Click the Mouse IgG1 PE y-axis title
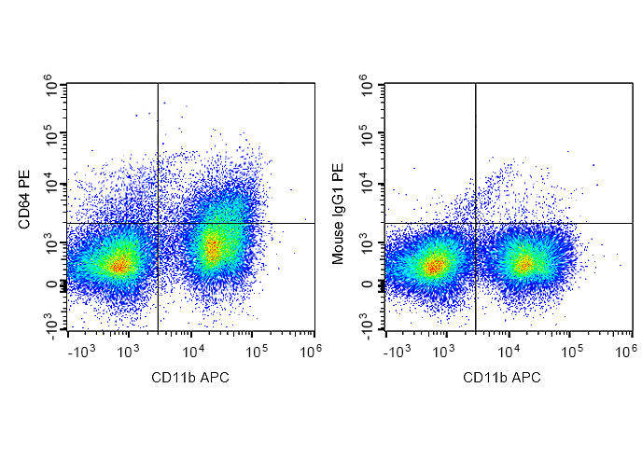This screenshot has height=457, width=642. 339,213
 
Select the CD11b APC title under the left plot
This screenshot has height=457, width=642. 190,377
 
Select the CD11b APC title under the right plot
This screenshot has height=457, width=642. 509,377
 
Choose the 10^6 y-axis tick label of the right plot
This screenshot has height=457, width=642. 367,89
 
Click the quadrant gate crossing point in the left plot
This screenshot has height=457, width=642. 158,223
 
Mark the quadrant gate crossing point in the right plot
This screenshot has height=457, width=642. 476,223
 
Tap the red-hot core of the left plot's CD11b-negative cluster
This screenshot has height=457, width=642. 118,265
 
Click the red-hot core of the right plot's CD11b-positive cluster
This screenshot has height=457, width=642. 523,264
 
